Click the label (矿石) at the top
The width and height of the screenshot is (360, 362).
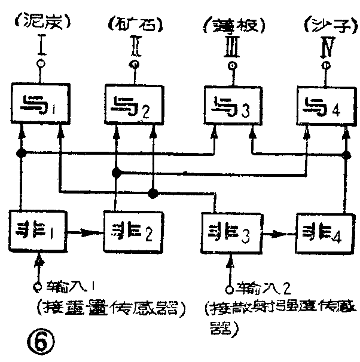click(x=135, y=24)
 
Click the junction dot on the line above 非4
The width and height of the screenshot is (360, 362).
click(x=345, y=154)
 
